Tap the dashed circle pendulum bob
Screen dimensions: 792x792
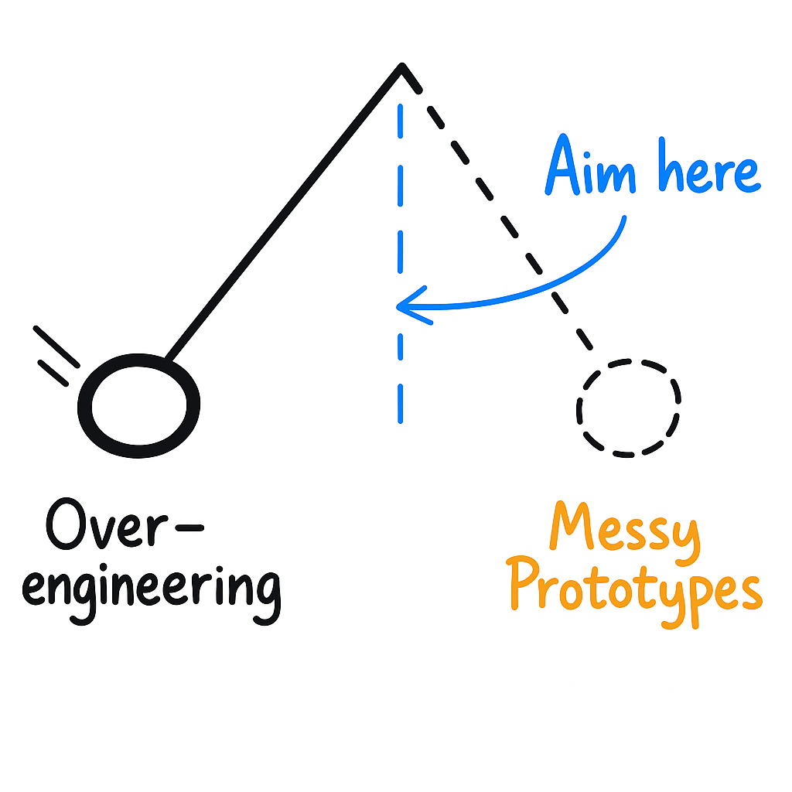[628, 407]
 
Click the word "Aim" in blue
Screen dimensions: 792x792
[591, 169]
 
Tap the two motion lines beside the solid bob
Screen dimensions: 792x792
[56, 356]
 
